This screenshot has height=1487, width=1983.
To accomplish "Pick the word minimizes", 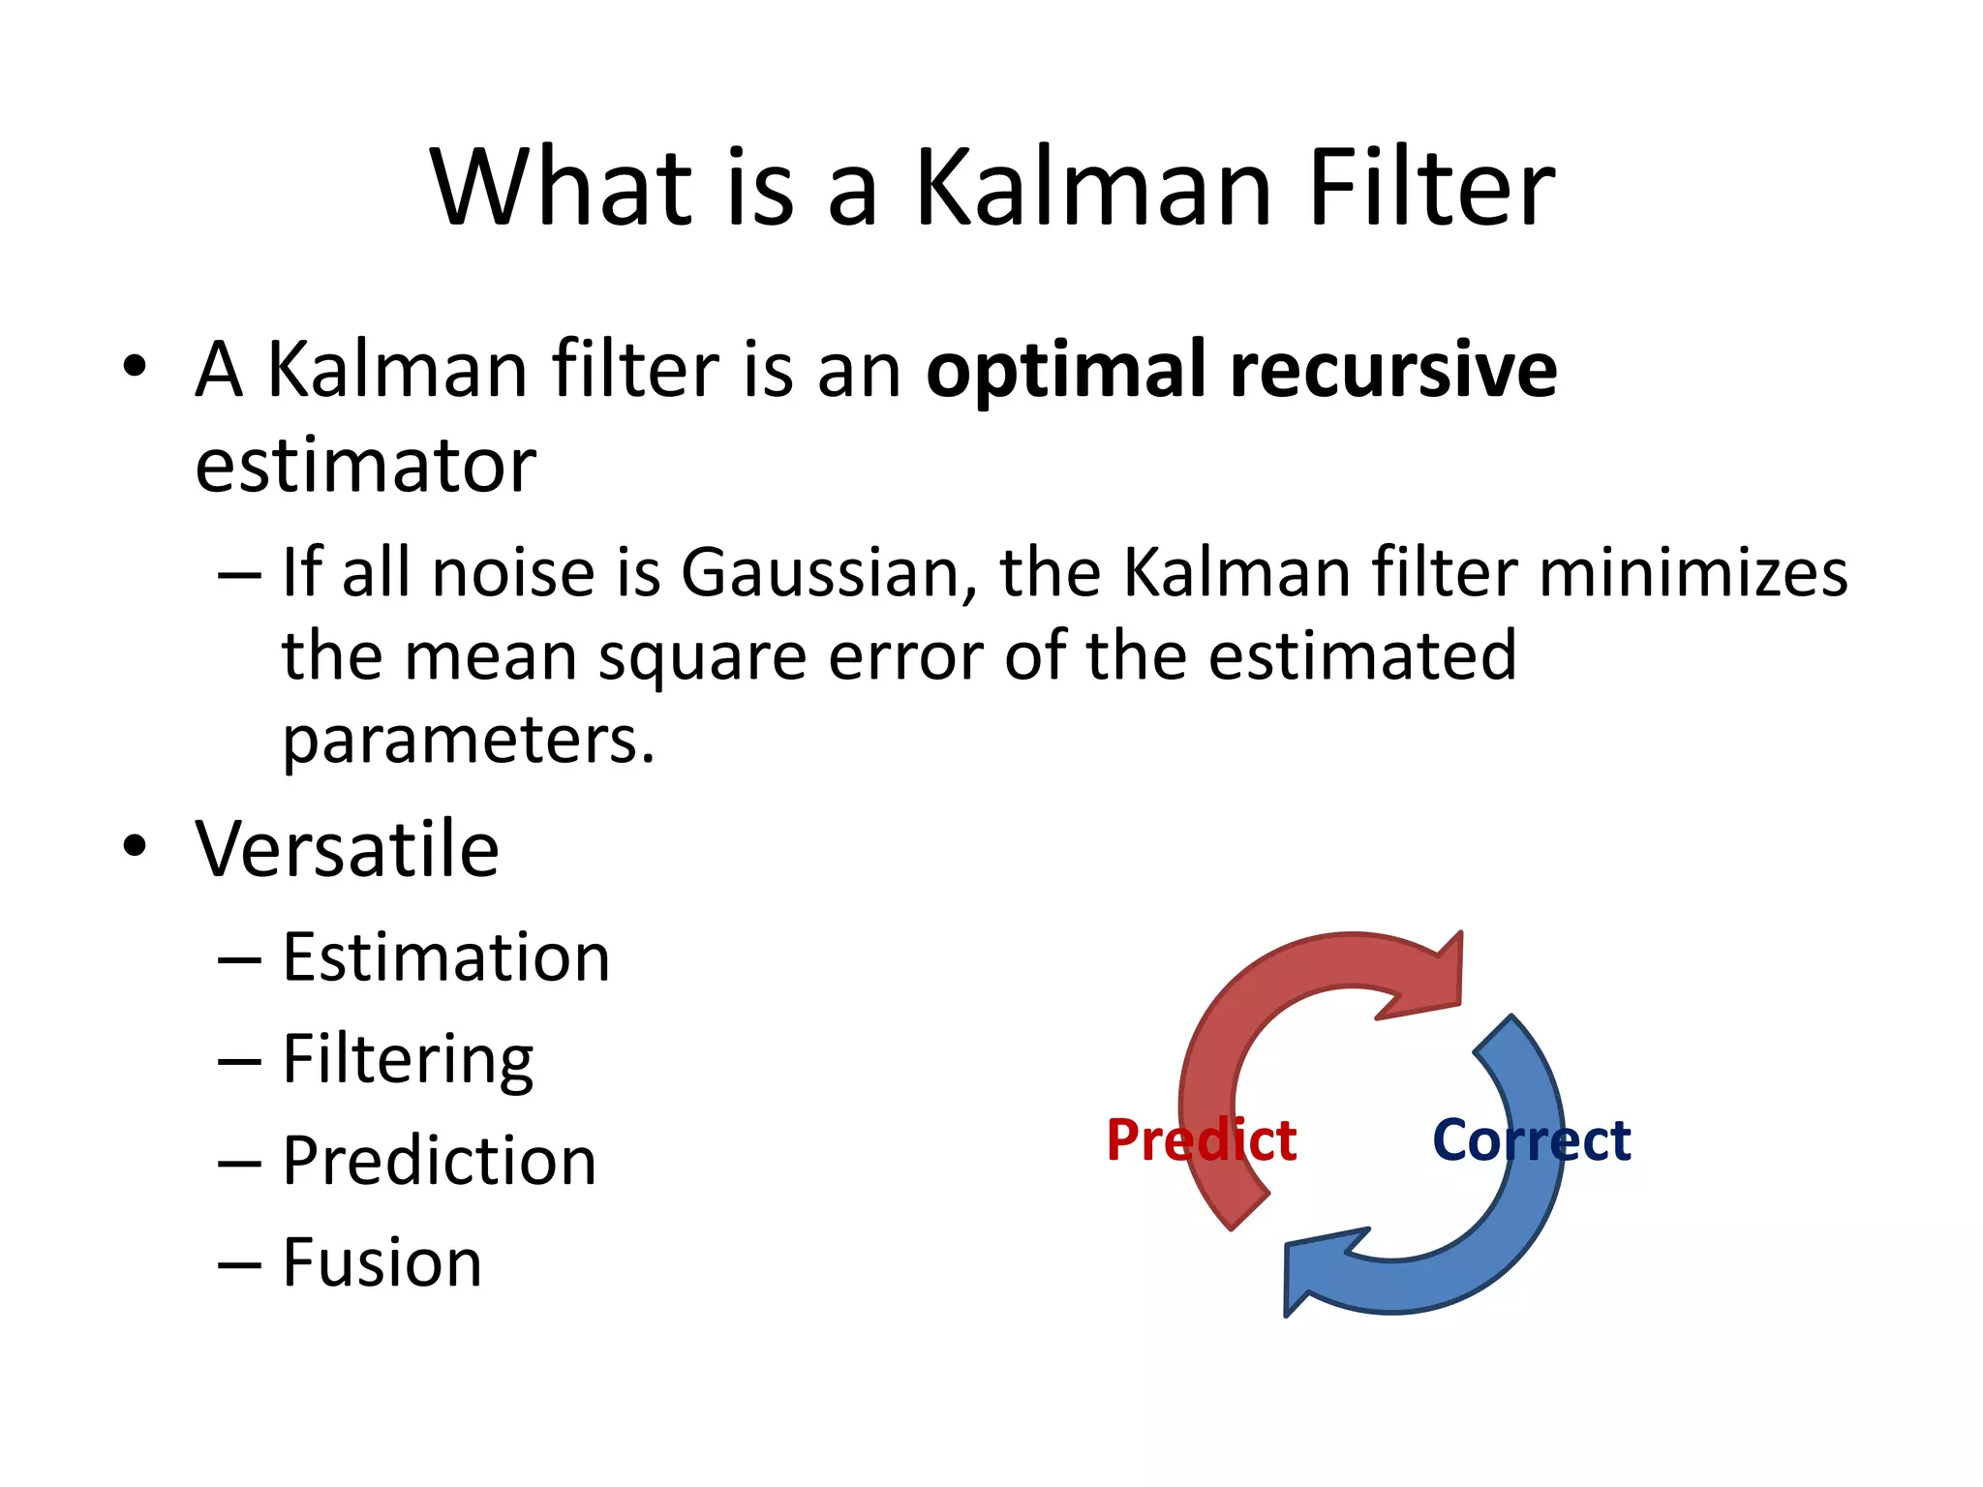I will click(x=1693, y=573).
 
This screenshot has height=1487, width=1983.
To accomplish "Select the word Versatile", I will click(x=347, y=850).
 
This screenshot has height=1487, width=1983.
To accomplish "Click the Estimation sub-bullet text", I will click(x=445, y=958).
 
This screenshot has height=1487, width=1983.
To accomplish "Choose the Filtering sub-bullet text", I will click(x=408, y=1061).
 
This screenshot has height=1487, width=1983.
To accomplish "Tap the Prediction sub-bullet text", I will click(x=439, y=1162).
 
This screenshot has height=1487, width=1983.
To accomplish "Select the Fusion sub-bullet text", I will click(x=381, y=1263).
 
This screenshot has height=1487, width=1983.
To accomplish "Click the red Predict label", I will click(x=1201, y=1140).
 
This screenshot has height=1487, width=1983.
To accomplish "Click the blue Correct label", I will click(x=1531, y=1140).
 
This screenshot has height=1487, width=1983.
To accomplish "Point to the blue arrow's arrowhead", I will click(x=1317, y=1268).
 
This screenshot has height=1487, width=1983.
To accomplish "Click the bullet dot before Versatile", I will click(x=135, y=846).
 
